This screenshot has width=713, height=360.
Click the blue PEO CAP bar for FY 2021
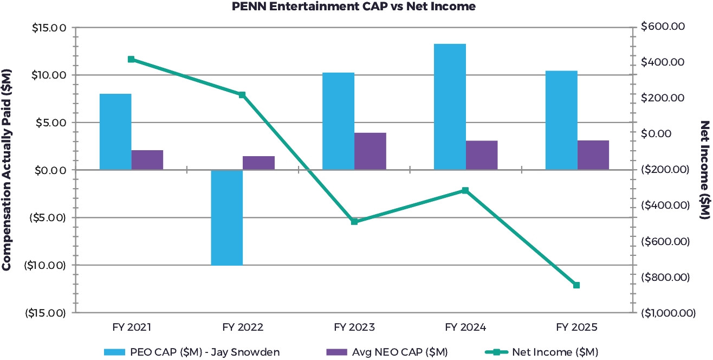[115, 132]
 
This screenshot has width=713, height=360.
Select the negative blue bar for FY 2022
[227, 217]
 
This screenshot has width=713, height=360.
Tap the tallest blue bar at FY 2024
[450, 107]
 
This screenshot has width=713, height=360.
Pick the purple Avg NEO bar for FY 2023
[370, 151]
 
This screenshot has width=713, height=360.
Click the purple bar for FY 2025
[593, 155]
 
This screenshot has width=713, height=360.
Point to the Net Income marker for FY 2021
[131, 59]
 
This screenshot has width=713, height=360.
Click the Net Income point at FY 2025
[576, 285]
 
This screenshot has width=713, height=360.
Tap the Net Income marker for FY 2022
[242, 95]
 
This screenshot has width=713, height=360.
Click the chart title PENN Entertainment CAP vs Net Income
[354, 7]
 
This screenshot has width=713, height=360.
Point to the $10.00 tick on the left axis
[48, 75]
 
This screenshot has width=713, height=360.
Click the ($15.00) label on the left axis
[46, 313]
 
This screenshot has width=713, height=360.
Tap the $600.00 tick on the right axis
[664, 27]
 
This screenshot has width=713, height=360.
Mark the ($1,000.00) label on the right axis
[667, 313]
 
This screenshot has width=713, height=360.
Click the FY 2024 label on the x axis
[465, 327]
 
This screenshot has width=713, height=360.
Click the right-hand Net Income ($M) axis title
[705, 170]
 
